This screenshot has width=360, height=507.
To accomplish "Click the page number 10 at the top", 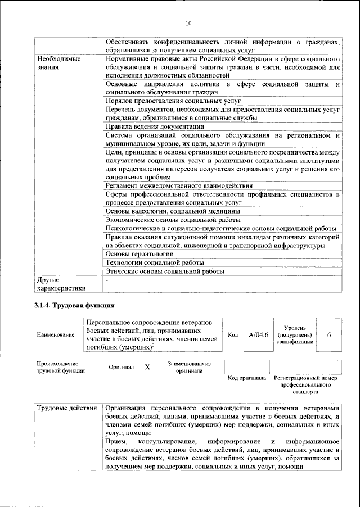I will click(188, 23).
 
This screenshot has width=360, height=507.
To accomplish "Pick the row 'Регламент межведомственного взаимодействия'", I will click(179, 185).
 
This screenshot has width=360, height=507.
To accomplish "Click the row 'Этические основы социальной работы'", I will click(165, 271).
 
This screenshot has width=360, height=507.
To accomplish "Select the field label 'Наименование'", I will click(55, 335).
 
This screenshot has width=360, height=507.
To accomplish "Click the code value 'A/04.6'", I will click(259, 335).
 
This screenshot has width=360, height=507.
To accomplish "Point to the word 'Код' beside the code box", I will click(233, 335).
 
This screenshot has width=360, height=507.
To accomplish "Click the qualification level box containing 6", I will click(329, 335).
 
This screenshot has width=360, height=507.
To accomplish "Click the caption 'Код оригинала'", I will click(246, 378).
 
